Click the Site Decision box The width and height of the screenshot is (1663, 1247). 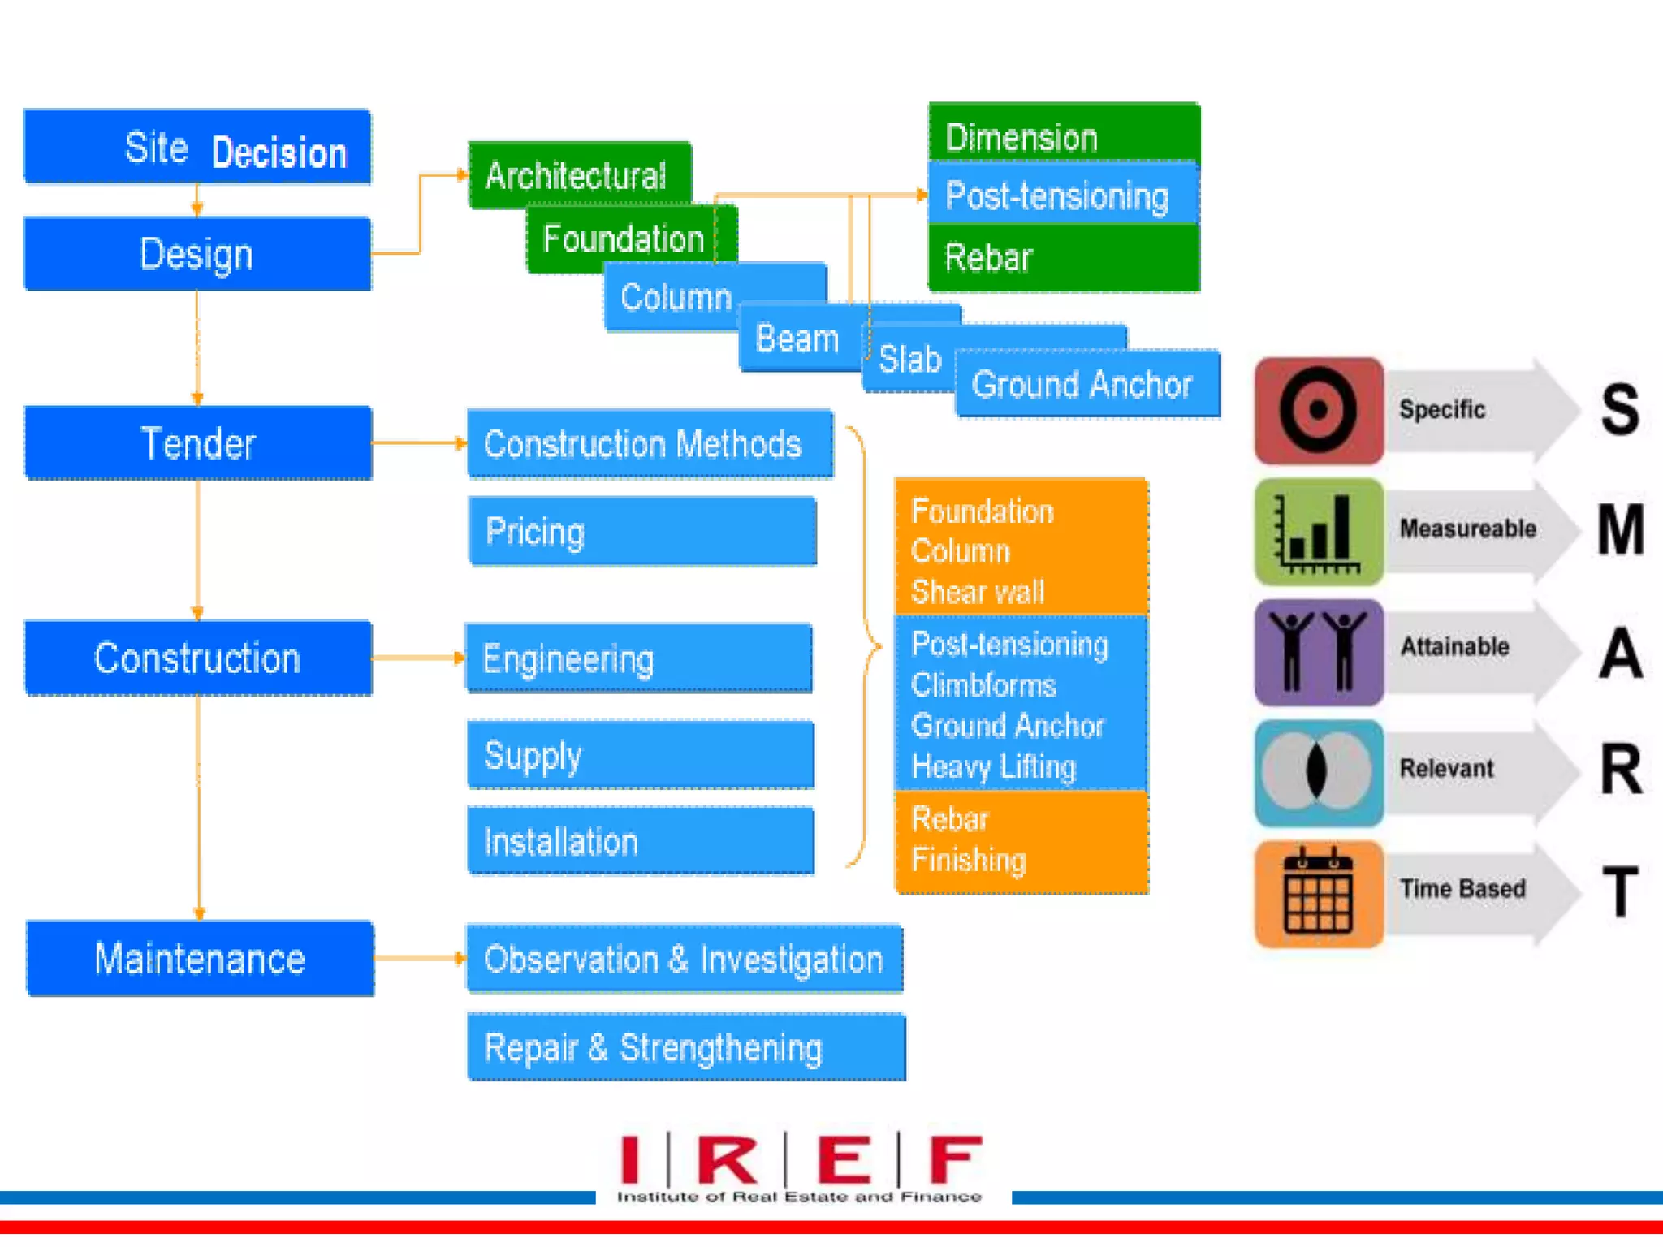click(x=197, y=147)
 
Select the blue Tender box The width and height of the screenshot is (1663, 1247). click(x=198, y=443)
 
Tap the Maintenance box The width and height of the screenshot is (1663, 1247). click(x=200, y=959)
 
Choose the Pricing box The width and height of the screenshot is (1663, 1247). click(x=642, y=532)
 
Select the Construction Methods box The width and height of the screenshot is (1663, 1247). click(x=650, y=444)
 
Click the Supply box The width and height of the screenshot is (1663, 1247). click(x=640, y=755)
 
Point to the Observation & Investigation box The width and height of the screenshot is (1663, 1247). click(x=684, y=959)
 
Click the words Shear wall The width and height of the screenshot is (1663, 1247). click(x=978, y=592)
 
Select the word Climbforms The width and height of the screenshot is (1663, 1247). click(x=983, y=685)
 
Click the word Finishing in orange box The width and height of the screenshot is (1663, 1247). click(x=969, y=860)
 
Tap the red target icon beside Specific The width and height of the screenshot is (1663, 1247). click(x=1318, y=410)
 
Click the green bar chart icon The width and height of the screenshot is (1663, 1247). click(x=1318, y=531)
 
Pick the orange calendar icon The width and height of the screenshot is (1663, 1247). click(x=1318, y=893)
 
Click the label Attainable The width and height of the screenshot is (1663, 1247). click(x=1454, y=647)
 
